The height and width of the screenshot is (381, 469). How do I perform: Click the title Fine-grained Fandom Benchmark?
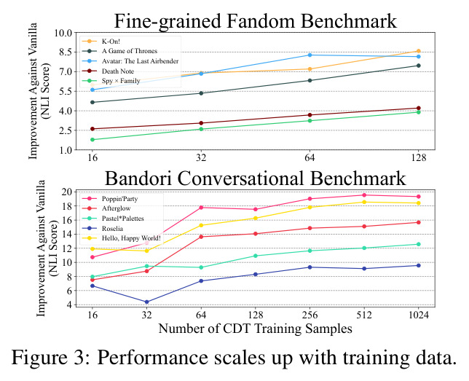point(256,21)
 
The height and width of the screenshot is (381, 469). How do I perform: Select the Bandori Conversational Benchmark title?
point(255,178)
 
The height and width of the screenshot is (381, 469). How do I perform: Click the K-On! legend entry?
point(111,42)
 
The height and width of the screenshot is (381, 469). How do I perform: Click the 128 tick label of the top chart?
point(418,157)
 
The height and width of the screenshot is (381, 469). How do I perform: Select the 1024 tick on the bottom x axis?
point(418,315)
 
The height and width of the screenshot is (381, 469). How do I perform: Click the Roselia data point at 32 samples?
point(147,302)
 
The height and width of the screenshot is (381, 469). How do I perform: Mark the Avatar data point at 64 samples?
point(310,55)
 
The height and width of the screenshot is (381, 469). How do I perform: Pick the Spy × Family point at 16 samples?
point(92,140)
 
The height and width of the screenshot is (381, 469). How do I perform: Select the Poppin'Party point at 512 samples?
point(364,195)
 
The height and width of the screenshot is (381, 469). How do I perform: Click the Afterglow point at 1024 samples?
point(419,222)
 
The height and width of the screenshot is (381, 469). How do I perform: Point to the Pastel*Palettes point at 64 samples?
point(201,267)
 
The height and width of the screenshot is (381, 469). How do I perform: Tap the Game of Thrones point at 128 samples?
point(419,66)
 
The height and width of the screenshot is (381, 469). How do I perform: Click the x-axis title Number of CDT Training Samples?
point(255,329)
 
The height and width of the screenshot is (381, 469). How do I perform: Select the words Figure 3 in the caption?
point(50,358)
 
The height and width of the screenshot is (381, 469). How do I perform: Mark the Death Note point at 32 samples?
point(201,123)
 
